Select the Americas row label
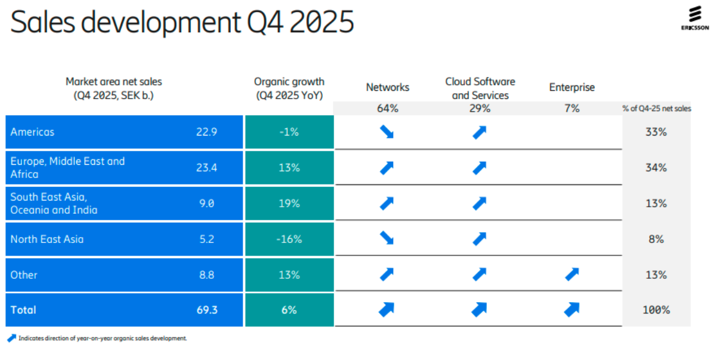point(32,132)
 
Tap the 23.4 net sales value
point(206,168)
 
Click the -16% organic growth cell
point(289,239)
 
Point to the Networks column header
point(388,87)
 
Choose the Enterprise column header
point(572,87)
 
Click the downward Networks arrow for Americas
point(387,133)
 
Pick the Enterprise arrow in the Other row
point(572,275)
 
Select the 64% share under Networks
point(388,109)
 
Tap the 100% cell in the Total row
point(656,310)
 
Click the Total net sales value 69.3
point(206,310)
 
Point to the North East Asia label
point(47,239)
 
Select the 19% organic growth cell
point(289,204)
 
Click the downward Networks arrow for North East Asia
point(387,239)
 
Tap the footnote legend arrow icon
point(11,339)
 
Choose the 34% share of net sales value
point(656,168)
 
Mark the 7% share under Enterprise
point(572,109)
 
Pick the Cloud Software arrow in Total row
point(479,310)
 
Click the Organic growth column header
point(289,88)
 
